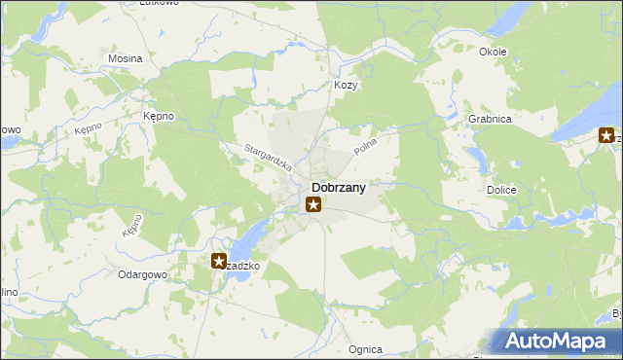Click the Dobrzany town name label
[x=338, y=188]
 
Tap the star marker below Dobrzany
[x=312, y=204]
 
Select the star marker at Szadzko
[x=219, y=261]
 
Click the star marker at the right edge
[x=606, y=136]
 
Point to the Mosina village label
[x=125, y=58]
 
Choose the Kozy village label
[x=346, y=85]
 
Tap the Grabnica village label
[x=490, y=119]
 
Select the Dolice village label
[x=500, y=191]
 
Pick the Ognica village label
[x=365, y=348]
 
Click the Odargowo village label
[x=143, y=274]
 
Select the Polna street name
[x=365, y=147]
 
